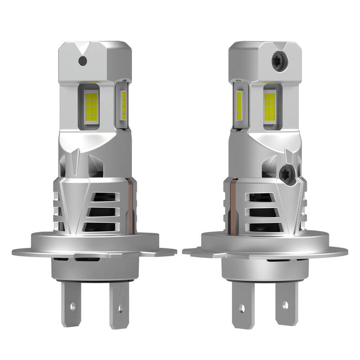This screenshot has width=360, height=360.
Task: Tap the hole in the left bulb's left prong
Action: tap(72, 306)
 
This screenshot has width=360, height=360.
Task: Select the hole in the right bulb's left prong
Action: tap(242, 308)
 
